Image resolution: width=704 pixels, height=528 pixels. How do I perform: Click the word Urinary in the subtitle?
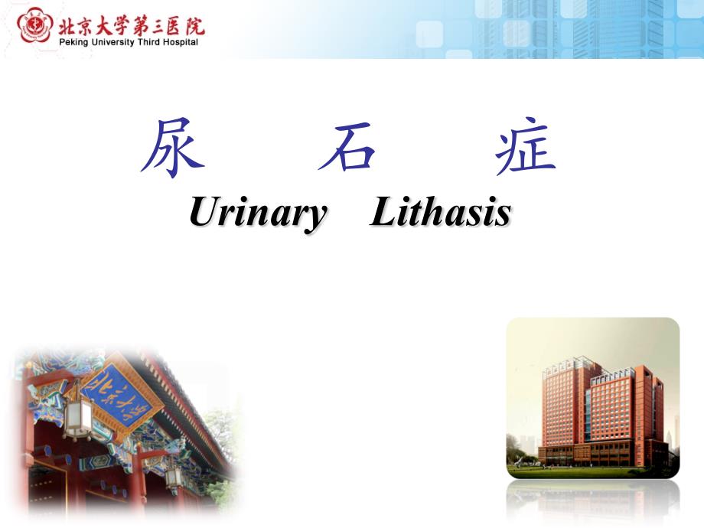pos(257,212)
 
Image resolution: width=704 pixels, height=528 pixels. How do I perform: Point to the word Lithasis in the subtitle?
pos(440,212)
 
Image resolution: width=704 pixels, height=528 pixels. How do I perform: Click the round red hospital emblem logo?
pos(32,27)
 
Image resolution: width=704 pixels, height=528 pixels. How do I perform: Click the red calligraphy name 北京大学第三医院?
pos(130,25)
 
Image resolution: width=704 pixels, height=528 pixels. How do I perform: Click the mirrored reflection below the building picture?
pos(593,501)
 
